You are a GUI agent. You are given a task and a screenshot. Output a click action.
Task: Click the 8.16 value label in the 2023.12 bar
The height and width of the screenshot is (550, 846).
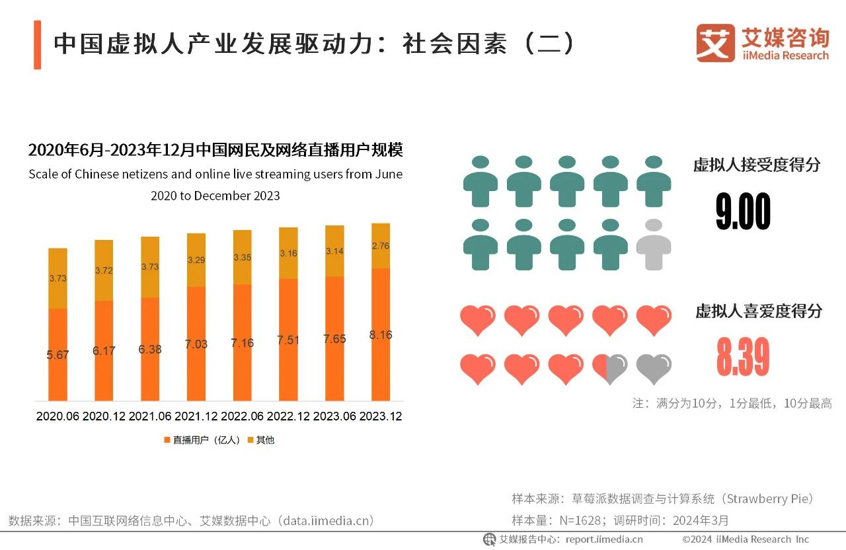[x=381, y=335]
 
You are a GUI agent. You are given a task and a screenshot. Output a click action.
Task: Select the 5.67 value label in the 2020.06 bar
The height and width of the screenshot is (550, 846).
[x=58, y=355]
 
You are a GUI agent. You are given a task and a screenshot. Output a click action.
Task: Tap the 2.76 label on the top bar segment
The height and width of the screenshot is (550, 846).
[x=381, y=246]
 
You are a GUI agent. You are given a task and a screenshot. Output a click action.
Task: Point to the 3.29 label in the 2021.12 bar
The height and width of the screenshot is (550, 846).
[x=196, y=260]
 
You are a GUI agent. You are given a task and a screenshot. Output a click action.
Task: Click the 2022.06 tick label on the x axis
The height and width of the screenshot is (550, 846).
[x=243, y=416]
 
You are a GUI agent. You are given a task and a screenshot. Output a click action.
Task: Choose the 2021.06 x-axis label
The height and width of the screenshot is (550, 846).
[x=150, y=416]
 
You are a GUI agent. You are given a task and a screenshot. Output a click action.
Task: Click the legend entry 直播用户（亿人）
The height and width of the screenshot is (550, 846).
[x=202, y=440]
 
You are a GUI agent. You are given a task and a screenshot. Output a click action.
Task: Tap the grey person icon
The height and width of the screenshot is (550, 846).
[x=653, y=245]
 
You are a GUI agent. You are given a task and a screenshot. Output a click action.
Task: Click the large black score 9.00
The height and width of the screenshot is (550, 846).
[x=743, y=213]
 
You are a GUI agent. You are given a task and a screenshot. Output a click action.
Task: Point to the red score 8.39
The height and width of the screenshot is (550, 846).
[x=743, y=357]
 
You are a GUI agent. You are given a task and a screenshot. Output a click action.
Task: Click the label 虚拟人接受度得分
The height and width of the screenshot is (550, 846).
[x=756, y=165]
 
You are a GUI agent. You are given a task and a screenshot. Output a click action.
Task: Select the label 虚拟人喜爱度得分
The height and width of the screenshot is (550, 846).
[x=758, y=311]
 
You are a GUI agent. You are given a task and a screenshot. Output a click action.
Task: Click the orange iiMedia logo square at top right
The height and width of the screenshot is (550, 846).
[x=715, y=43]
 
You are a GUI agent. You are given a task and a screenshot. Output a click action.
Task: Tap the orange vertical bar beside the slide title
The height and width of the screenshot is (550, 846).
[x=38, y=44]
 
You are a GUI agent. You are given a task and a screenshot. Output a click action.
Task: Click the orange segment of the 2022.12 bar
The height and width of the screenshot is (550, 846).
[x=288, y=340]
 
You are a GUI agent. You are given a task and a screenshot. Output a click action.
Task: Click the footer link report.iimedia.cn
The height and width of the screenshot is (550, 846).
[x=604, y=539]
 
